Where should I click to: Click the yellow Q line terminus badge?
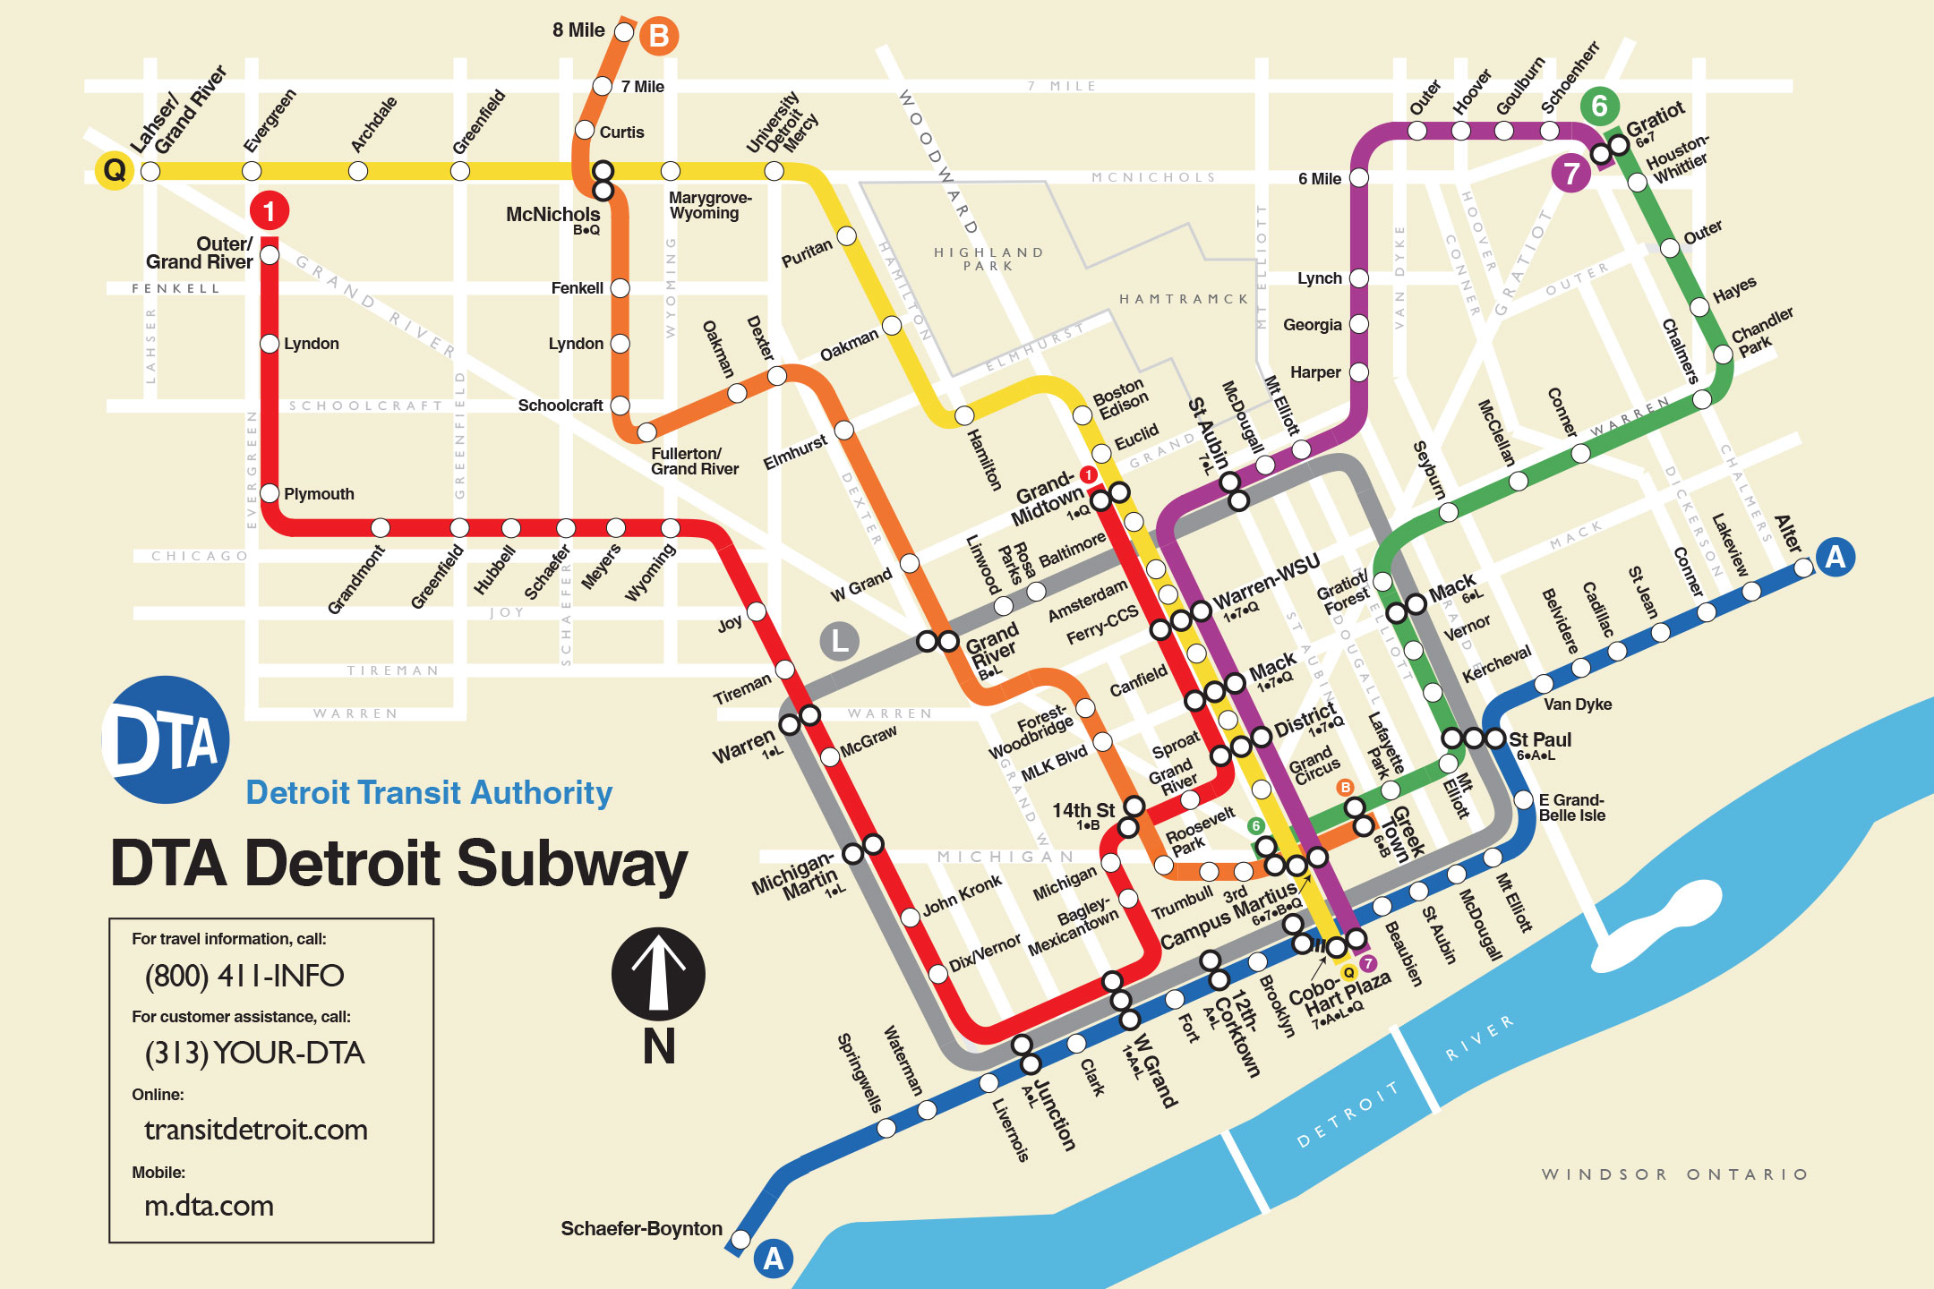point(115,169)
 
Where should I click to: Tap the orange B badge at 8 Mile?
point(659,36)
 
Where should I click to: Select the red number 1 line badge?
point(269,211)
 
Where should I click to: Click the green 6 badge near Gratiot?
point(1599,106)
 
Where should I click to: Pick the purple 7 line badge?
point(1570,173)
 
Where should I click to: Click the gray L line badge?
point(839,641)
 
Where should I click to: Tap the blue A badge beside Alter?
point(1835,558)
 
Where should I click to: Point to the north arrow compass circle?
point(658,974)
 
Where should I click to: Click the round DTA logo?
point(167,739)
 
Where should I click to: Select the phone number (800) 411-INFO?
point(244,976)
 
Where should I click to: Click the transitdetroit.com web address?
point(256,1130)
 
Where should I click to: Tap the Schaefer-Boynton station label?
point(641,1228)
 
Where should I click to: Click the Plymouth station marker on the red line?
point(270,493)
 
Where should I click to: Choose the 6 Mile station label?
point(1319,179)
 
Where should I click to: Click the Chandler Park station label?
point(1760,332)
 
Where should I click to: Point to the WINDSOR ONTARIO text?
point(1674,1174)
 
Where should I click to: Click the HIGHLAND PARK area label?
point(988,259)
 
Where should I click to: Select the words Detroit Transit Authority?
point(429,792)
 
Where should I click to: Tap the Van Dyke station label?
point(1577,704)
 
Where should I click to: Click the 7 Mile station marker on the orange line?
point(603,86)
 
